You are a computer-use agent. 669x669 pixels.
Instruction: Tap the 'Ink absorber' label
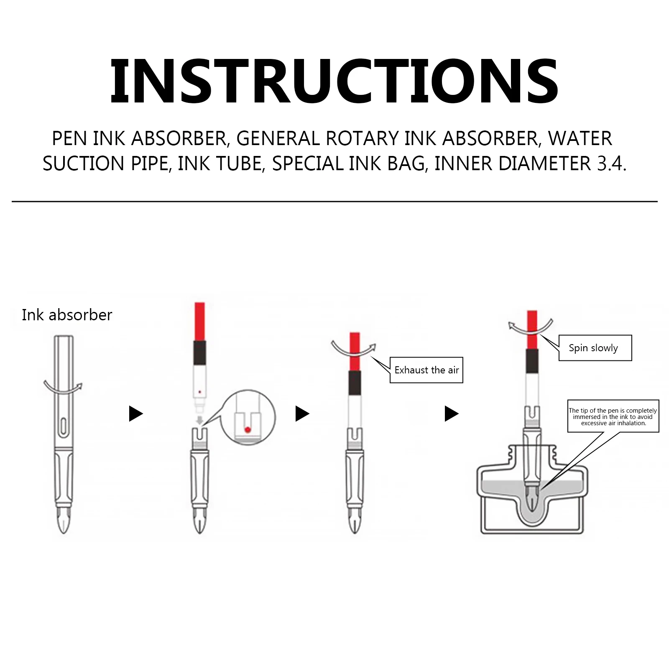click(67, 315)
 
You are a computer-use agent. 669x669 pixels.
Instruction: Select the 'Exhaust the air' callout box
click(426, 370)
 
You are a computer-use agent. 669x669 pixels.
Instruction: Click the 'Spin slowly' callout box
click(595, 348)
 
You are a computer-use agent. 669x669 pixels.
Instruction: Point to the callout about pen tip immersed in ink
click(613, 416)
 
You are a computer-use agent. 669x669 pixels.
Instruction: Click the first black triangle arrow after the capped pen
click(135, 414)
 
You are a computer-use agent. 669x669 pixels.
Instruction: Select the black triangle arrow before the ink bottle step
click(451, 414)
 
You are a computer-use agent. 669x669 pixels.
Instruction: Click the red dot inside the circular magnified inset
click(248, 429)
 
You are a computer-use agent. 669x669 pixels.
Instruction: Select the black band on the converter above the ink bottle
click(532, 362)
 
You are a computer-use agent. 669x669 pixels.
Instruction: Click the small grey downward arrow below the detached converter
click(199, 420)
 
